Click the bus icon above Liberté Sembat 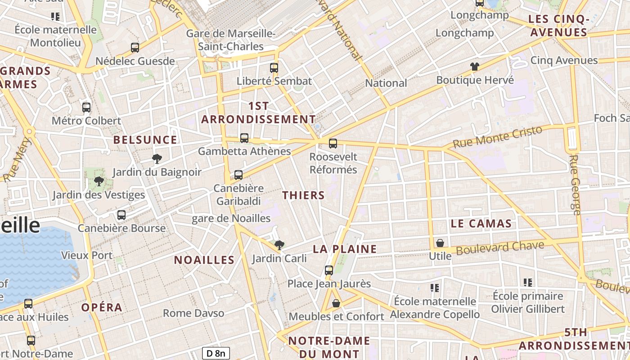click(274, 68)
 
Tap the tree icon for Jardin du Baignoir click(157, 158)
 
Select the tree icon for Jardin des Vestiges click(99, 181)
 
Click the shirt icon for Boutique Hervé click(475, 67)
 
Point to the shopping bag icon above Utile click(440, 243)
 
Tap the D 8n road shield click(216, 353)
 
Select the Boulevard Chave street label click(500, 247)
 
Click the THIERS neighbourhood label click(303, 195)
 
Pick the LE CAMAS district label click(481, 224)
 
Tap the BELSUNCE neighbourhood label click(145, 140)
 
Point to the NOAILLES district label click(204, 260)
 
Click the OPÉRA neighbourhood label click(102, 308)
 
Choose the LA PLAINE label click(345, 249)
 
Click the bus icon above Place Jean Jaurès click(329, 270)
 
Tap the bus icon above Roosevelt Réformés click(333, 144)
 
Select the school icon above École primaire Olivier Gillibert click(528, 283)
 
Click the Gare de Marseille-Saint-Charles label click(231, 40)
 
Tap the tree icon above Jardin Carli click(279, 245)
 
